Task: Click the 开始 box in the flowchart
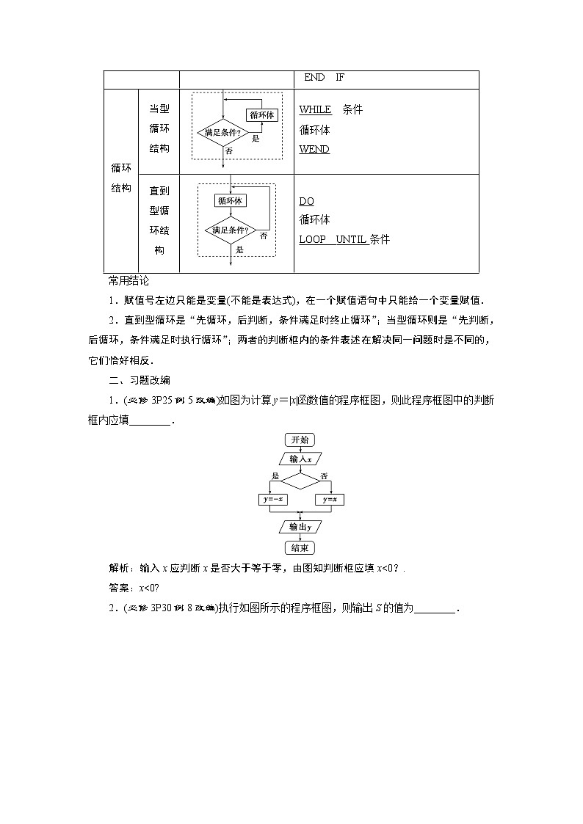tap(300, 440)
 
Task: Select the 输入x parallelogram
tap(300, 459)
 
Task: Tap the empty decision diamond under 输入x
tap(300, 481)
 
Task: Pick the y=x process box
tap(330, 500)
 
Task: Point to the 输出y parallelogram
tap(300, 526)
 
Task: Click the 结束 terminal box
tap(300, 547)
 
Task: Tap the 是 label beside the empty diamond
tap(276, 475)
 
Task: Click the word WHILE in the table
tap(315, 110)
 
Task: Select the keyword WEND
tap(314, 150)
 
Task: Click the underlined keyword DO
tap(306, 201)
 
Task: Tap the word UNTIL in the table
tap(351, 240)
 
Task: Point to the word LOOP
tap(313, 240)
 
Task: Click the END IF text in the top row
tap(324, 78)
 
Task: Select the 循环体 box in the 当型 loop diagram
tap(262, 115)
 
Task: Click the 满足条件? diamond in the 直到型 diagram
tap(230, 230)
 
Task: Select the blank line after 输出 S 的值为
tap(436, 608)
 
